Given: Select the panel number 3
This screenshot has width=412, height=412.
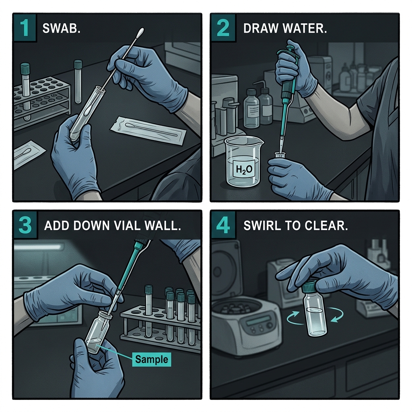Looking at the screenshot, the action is [25, 225].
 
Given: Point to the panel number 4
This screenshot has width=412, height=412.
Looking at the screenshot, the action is [223, 225].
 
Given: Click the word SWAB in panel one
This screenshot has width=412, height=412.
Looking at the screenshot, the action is [60, 29].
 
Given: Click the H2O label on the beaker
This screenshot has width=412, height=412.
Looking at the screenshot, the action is [244, 169].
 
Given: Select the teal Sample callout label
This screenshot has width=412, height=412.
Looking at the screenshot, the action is [151, 359].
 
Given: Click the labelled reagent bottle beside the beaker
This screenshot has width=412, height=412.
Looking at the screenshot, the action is [251, 108].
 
